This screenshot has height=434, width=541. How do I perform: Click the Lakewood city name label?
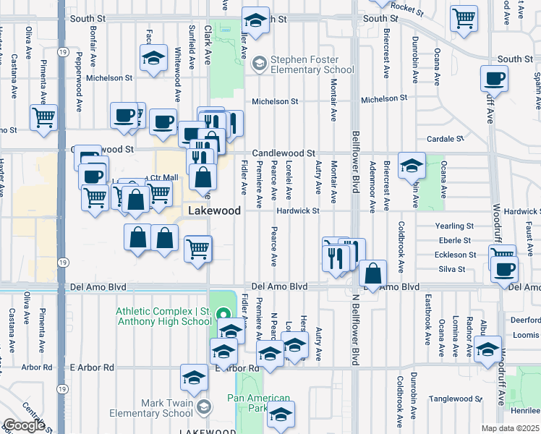click(x=214, y=210)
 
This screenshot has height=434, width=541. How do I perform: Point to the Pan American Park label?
click(x=258, y=404)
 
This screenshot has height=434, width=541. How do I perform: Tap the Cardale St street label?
click(x=444, y=139)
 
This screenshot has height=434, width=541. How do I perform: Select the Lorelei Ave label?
click(x=289, y=183)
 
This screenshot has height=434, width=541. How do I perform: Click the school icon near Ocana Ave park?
click(x=412, y=166)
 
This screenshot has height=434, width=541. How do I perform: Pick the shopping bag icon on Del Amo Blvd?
click(x=372, y=273)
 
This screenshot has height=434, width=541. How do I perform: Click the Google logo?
click(x=24, y=425)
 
